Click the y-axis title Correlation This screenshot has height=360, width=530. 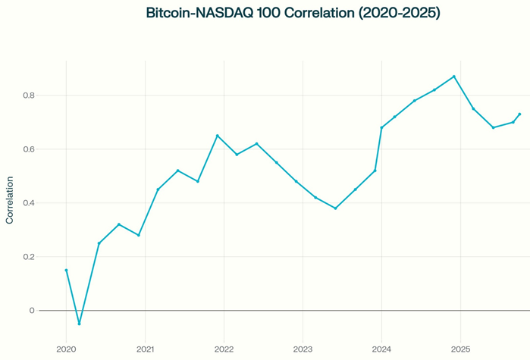click(x=10, y=200)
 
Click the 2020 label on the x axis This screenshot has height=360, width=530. click(x=66, y=349)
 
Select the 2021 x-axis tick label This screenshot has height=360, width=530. click(x=145, y=349)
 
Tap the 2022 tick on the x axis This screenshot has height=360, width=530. click(x=224, y=349)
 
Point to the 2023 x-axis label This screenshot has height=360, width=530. click(x=303, y=349)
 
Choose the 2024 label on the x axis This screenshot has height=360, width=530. click(x=381, y=349)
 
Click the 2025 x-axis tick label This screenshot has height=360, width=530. click(x=460, y=349)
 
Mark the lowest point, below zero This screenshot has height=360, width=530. click(x=79, y=324)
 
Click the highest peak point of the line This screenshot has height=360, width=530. click(x=454, y=77)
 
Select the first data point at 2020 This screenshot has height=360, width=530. click(x=66, y=270)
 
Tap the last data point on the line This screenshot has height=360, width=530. click(x=519, y=114)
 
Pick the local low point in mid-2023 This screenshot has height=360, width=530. click(x=335, y=208)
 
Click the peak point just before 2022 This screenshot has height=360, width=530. click(x=218, y=136)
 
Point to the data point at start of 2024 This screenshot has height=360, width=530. click(x=381, y=127)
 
